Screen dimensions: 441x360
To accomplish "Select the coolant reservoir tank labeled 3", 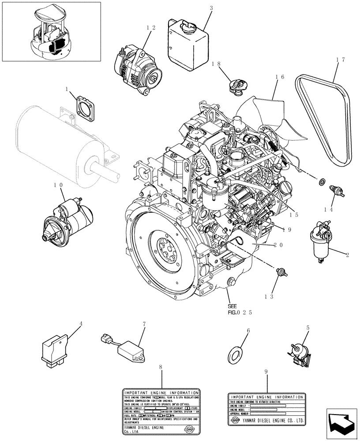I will pos(187,43).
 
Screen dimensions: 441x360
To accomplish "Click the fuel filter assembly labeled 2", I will pos(321,244).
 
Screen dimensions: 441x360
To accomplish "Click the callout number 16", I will pos(279,77).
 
